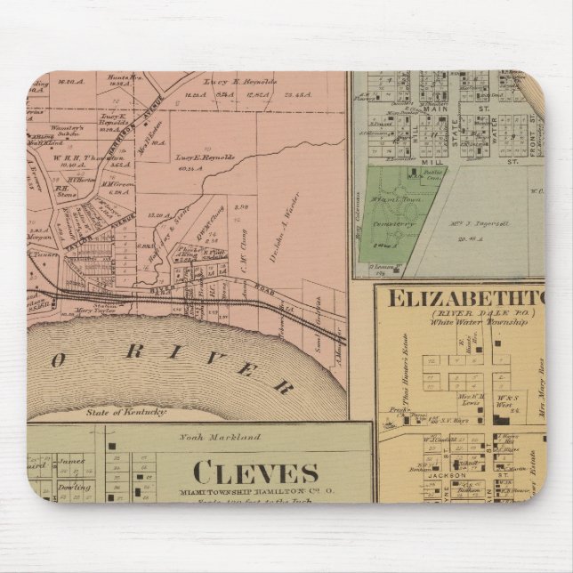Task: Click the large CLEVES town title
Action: (x=252, y=471)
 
